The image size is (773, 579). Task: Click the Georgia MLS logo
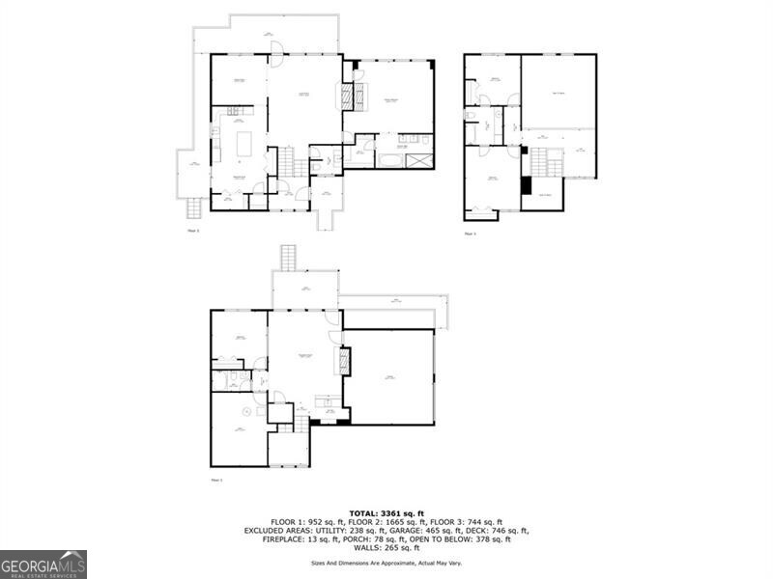43,564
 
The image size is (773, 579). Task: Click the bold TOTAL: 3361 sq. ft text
386,513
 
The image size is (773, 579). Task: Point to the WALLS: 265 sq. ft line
386,548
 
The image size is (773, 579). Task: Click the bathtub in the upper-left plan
389,159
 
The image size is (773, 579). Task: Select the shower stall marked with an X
420,160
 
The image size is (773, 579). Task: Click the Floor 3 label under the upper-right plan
471,234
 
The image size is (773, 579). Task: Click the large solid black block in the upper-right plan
527,185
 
